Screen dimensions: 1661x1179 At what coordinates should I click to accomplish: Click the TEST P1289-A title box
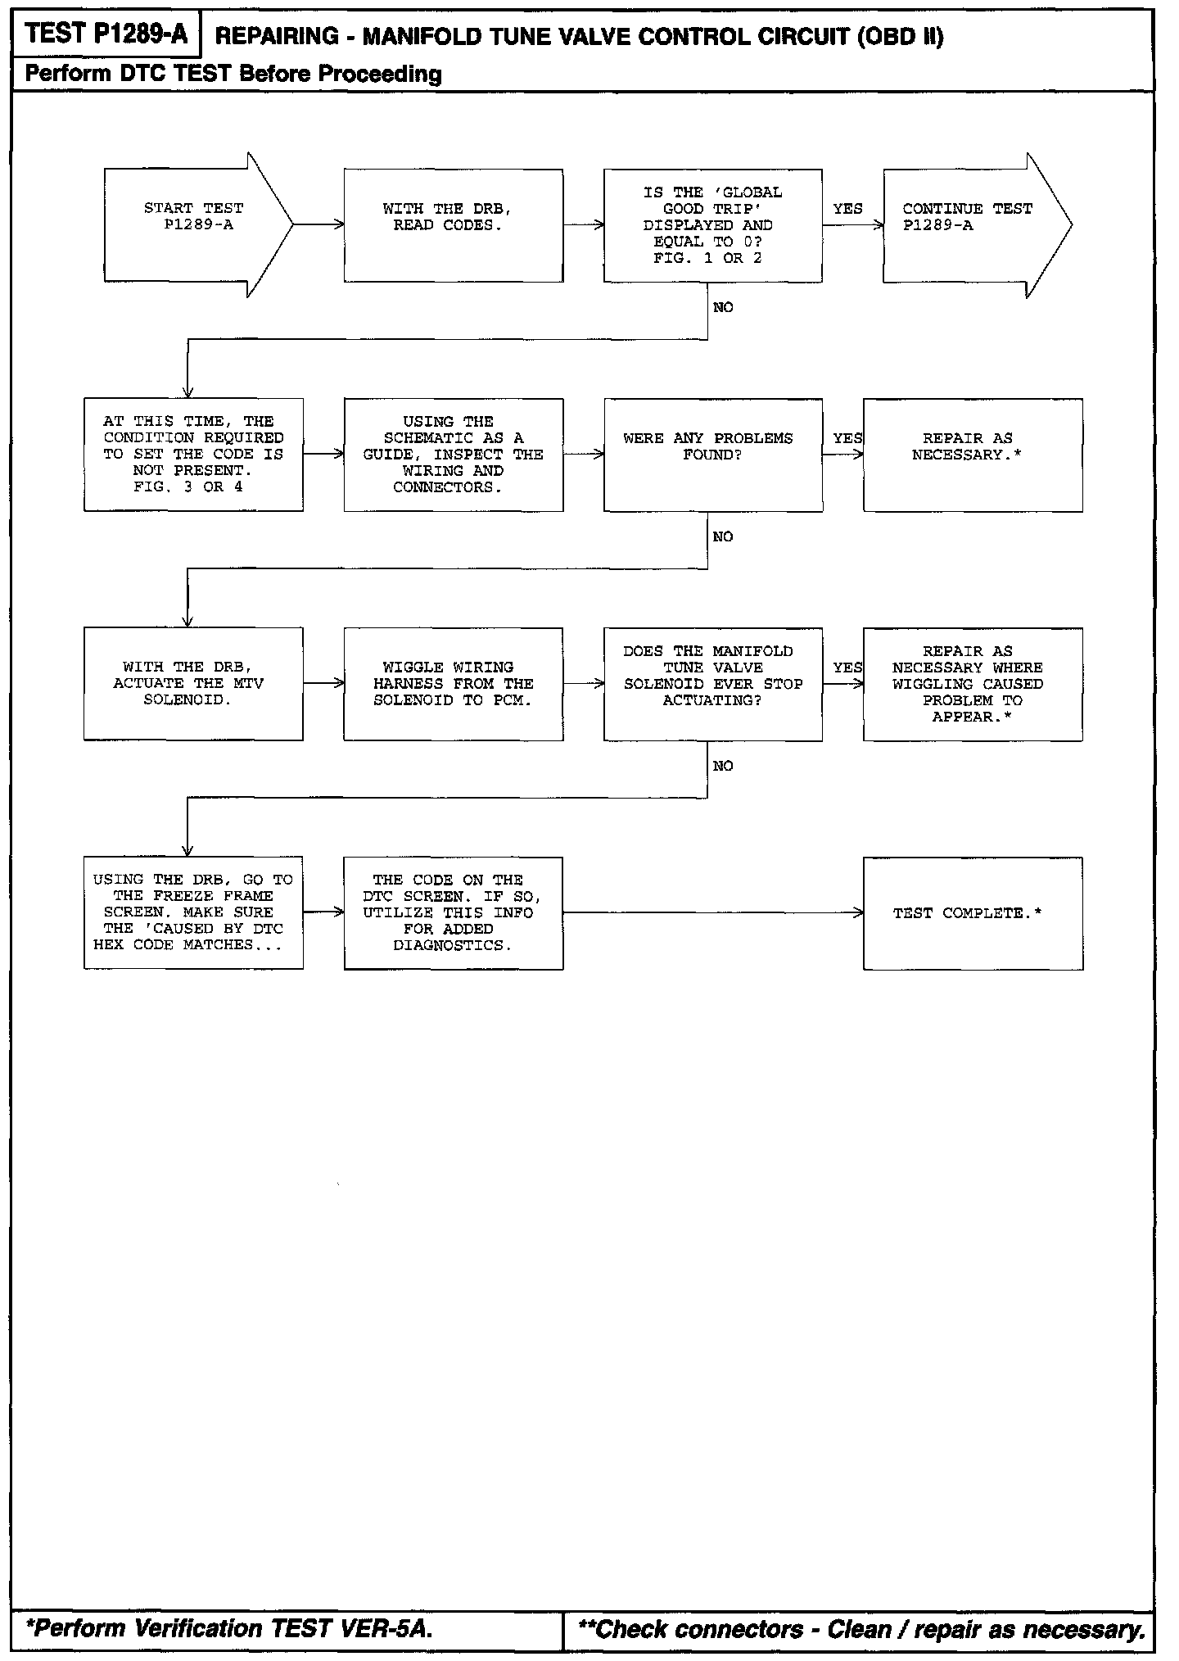(x=106, y=35)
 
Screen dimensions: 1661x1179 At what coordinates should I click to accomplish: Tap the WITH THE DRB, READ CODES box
(x=453, y=225)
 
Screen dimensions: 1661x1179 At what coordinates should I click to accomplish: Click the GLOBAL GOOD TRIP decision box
(x=712, y=225)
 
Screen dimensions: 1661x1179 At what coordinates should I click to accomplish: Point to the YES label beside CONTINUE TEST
(x=847, y=209)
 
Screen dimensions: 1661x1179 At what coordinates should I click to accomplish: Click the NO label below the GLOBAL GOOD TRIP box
(x=723, y=307)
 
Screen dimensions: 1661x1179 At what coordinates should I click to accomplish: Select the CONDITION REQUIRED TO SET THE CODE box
(x=193, y=455)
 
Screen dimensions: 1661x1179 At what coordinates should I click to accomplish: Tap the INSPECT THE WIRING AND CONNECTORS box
(x=453, y=455)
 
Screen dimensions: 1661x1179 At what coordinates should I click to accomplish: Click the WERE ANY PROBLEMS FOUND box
(x=712, y=455)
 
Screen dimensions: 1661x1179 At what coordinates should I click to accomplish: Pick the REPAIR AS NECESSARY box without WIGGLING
(x=973, y=455)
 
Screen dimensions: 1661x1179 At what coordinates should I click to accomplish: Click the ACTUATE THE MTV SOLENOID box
(x=193, y=684)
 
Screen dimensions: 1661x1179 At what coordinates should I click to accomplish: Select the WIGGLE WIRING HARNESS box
(x=453, y=684)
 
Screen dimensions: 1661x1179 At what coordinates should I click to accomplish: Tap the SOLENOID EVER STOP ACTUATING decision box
(x=712, y=684)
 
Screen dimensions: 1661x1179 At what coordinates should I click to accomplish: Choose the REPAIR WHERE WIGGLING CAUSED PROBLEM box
(x=973, y=684)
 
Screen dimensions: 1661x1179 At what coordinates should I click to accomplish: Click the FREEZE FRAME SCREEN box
(x=193, y=912)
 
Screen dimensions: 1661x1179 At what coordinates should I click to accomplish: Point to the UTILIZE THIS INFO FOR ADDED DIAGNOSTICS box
(x=453, y=912)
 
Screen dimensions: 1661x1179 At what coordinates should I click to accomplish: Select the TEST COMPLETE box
(x=973, y=912)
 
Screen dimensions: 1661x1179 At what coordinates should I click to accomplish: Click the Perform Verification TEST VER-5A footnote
(x=228, y=1628)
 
